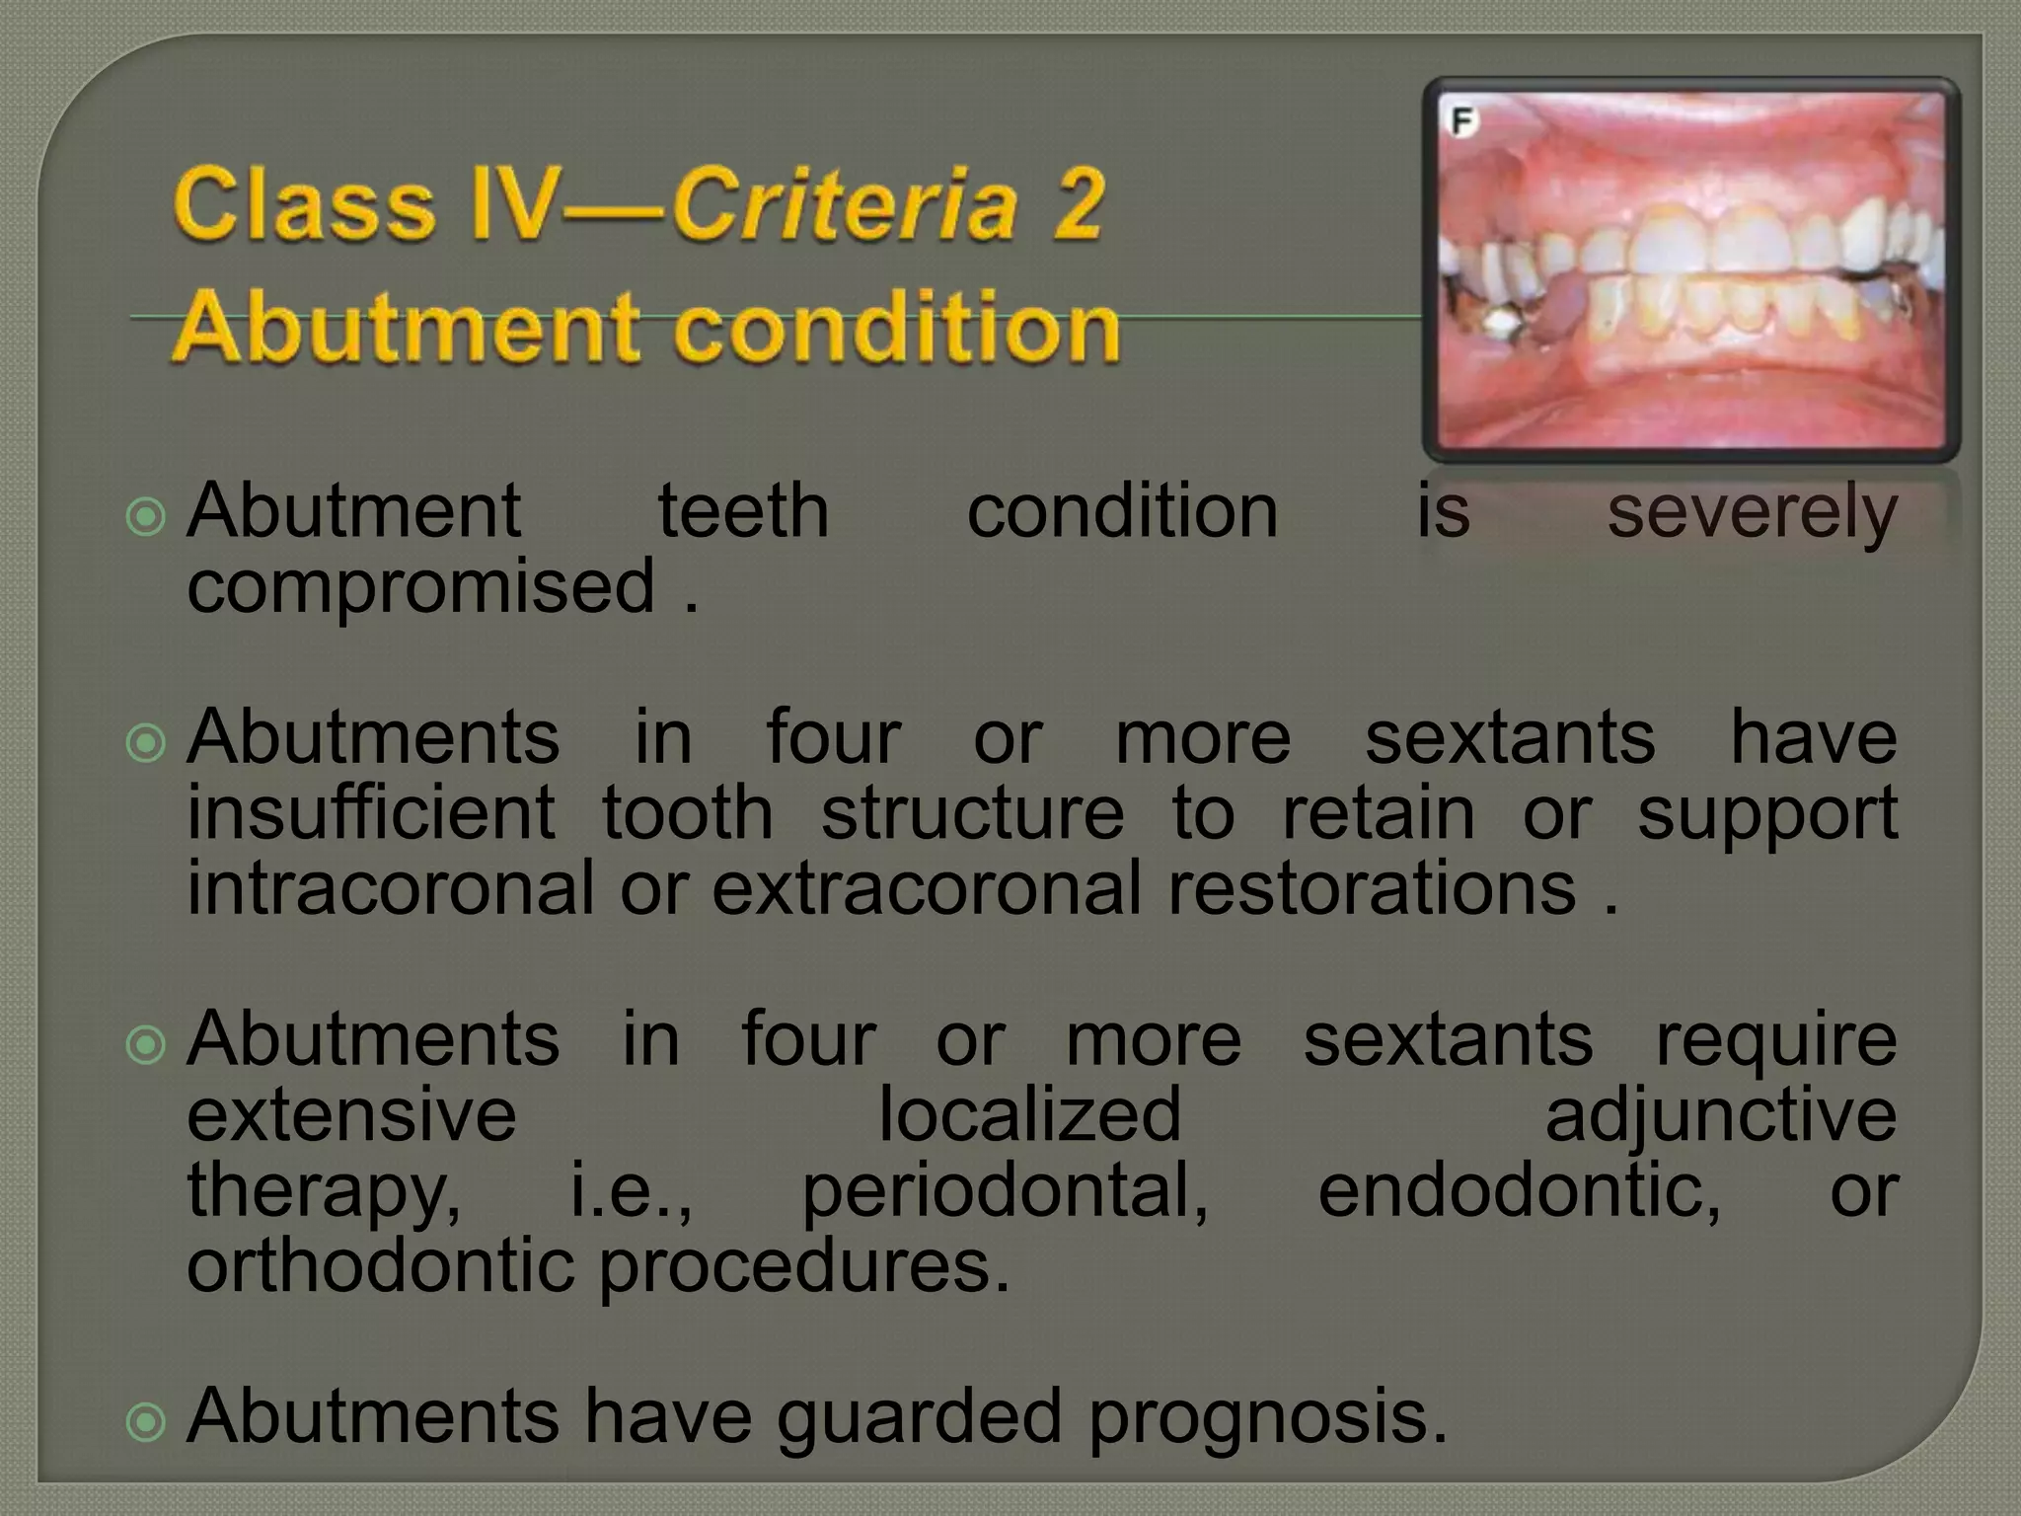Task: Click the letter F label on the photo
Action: pyautogui.click(x=1462, y=122)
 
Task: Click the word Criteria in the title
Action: pyautogui.click(x=845, y=204)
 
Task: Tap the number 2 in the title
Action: pyautogui.click(x=1076, y=204)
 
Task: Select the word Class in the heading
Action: pyautogui.click(x=304, y=204)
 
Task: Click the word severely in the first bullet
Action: pyautogui.click(x=1752, y=511)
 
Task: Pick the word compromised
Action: pyautogui.click(x=421, y=585)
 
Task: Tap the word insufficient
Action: pyautogui.click(x=371, y=812)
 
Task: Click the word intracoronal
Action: pyautogui.click(x=391, y=887)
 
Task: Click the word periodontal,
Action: pyautogui.click(x=1005, y=1190)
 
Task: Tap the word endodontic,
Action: pyautogui.click(x=1520, y=1190)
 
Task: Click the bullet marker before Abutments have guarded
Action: pyautogui.click(x=147, y=1422)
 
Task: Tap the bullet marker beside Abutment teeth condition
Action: pyautogui.click(x=147, y=516)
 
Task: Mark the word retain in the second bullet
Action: pyautogui.click(x=1378, y=812)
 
